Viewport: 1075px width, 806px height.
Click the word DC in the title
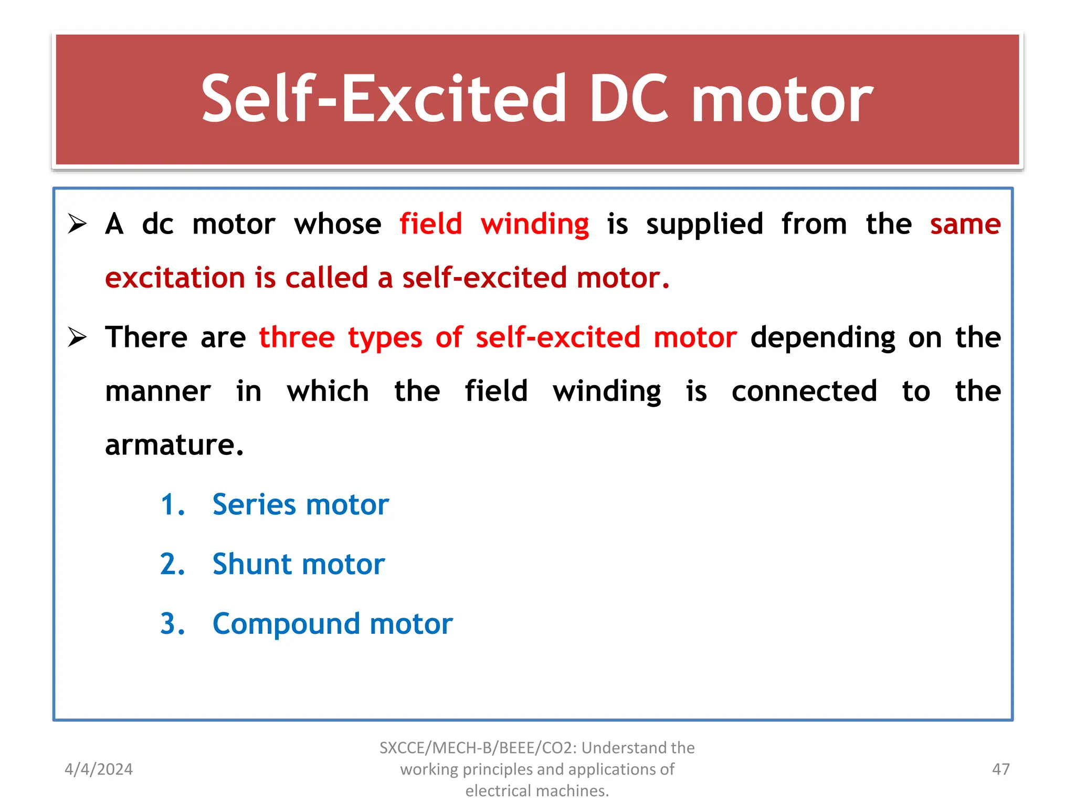pyautogui.click(x=629, y=99)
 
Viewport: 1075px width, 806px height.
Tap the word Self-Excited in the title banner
pyautogui.click(x=384, y=99)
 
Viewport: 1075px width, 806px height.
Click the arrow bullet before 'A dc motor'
pyautogui.click(x=77, y=224)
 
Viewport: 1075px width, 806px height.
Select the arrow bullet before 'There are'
pyautogui.click(x=77, y=337)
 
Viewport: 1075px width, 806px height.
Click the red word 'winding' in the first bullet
pyautogui.click(x=535, y=225)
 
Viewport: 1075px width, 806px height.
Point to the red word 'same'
pyautogui.click(x=965, y=225)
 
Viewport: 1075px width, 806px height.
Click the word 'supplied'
pyautogui.click(x=704, y=225)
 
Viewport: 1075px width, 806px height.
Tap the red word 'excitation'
pyautogui.click(x=175, y=278)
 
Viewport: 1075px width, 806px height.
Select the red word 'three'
pyautogui.click(x=297, y=337)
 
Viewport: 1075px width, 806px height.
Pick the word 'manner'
pyautogui.click(x=157, y=392)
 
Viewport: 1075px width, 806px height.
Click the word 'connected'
pyautogui.click(x=804, y=391)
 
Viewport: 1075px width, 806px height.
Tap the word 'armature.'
pyautogui.click(x=174, y=446)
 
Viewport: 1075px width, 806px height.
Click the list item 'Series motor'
pyautogui.click(x=300, y=505)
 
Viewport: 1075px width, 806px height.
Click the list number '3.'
pyautogui.click(x=172, y=624)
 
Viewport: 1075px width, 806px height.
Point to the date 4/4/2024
pyautogui.click(x=99, y=769)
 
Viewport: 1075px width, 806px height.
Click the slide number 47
pyautogui.click(x=1000, y=769)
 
